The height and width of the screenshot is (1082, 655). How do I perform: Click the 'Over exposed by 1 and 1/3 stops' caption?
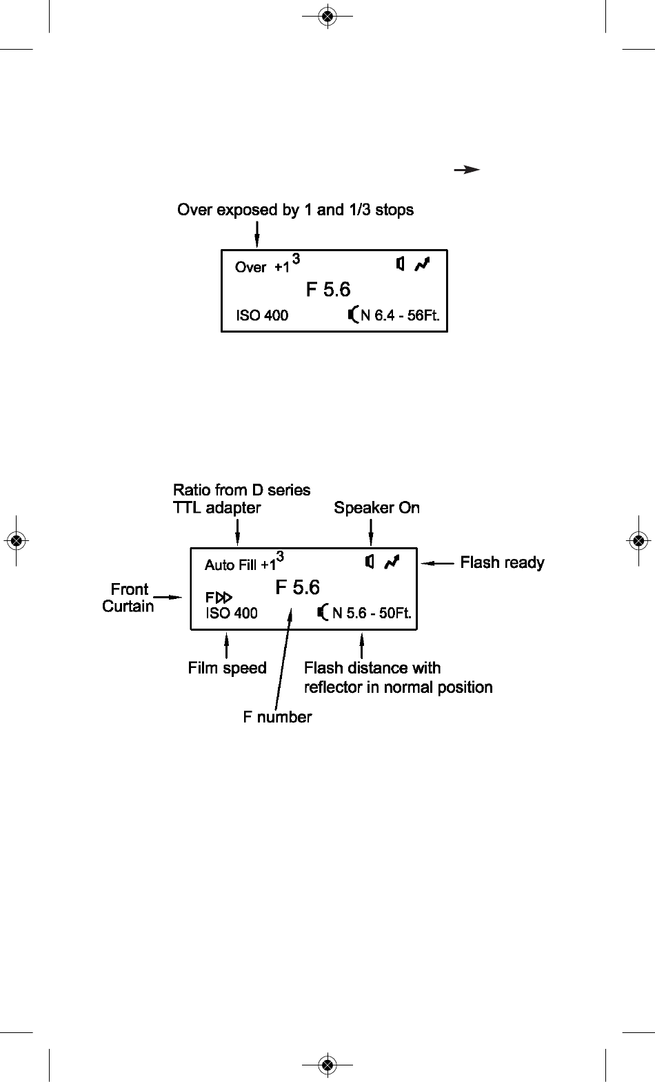[x=295, y=210]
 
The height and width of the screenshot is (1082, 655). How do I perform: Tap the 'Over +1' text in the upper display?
[x=262, y=267]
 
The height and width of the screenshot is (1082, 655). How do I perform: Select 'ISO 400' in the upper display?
[x=262, y=315]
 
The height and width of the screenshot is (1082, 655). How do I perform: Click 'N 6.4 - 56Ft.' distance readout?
[x=400, y=315]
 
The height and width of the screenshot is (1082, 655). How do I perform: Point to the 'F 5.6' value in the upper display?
[x=328, y=289]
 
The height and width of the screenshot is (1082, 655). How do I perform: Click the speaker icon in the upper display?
[x=400, y=264]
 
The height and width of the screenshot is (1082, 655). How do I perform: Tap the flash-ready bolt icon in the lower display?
[x=392, y=562]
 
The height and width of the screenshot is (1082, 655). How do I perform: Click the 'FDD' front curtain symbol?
[x=219, y=598]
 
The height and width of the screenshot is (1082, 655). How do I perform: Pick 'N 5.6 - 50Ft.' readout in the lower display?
[x=372, y=613]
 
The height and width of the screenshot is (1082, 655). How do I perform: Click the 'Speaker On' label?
[x=377, y=508]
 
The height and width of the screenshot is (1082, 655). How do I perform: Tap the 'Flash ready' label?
[x=503, y=562]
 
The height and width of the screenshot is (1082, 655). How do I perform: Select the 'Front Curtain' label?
[x=128, y=598]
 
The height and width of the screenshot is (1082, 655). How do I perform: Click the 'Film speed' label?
[x=228, y=668]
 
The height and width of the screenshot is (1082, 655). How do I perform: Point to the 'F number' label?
[x=278, y=717]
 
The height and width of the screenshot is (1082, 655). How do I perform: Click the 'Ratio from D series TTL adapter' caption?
[x=241, y=498]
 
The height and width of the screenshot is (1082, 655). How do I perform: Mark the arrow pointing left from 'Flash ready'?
[x=437, y=563]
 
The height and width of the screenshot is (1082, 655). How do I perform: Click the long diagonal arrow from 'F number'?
[x=283, y=660]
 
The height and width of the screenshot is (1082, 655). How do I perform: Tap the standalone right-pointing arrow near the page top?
[x=467, y=170]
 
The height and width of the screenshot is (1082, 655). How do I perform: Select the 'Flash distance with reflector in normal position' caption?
[x=399, y=678]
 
